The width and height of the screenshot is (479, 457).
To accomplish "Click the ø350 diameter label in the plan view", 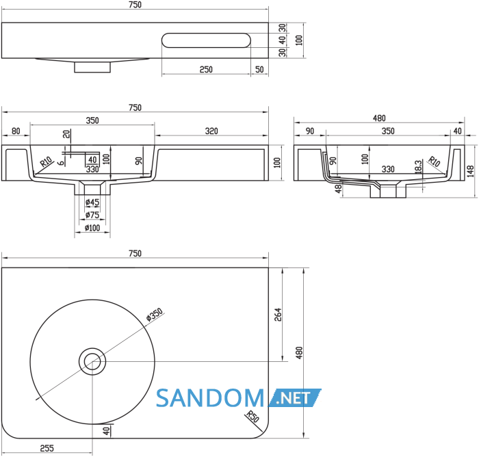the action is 155,315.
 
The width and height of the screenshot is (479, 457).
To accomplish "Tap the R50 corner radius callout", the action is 253,417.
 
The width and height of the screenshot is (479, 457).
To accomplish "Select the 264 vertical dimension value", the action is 278,315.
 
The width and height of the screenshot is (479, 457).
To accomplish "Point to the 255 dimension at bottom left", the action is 47,448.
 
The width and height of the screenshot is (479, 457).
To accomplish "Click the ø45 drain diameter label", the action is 92,203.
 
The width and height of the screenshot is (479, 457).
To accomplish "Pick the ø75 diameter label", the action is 92,215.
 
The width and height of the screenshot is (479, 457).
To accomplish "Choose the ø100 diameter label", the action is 92,228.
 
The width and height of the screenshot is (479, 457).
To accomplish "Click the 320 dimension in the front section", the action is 211,131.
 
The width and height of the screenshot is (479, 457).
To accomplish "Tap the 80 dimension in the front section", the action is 16,131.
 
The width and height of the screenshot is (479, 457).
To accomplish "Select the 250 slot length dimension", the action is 206,69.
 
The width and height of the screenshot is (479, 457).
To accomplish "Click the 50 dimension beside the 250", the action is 259,69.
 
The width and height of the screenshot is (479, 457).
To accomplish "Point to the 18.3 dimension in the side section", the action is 419,166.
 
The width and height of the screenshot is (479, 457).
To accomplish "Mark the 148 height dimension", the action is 471,171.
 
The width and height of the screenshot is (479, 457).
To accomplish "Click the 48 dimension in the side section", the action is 338,189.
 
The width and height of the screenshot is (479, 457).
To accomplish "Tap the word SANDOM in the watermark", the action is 210,398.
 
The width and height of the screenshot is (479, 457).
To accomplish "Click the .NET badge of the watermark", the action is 294,398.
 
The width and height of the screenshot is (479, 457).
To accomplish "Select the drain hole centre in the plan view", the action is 92,362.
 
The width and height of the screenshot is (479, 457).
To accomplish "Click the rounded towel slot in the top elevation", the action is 206,40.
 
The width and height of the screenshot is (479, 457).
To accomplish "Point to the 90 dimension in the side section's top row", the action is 310,131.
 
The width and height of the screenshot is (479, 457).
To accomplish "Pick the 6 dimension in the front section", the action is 62,162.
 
